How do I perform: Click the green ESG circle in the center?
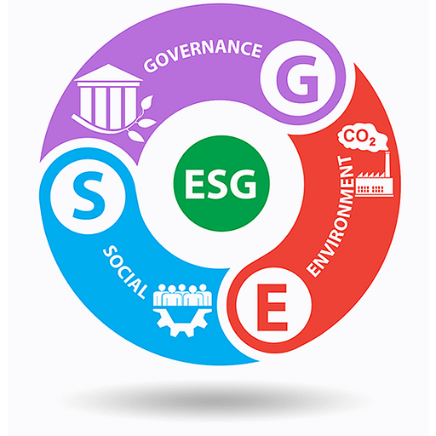[x=221, y=183]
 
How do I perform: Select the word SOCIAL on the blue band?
[x=125, y=272]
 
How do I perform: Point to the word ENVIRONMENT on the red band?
[x=331, y=216]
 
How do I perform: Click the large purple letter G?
[x=297, y=78]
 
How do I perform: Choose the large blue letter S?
[x=89, y=196]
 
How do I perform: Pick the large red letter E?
[x=272, y=307]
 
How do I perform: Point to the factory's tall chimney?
[x=387, y=164]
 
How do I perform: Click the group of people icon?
[x=182, y=295]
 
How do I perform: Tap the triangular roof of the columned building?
[x=109, y=72]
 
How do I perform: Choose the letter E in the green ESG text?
[x=194, y=184]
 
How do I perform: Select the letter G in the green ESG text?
[x=244, y=184]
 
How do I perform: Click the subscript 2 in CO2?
[x=372, y=141]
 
